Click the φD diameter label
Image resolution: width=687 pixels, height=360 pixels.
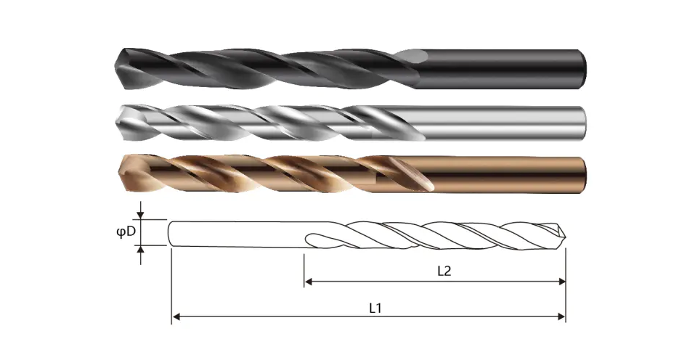(x=126, y=232)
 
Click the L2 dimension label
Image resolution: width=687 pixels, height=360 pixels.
(x=444, y=271)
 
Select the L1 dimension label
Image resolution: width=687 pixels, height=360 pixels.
(x=375, y=308)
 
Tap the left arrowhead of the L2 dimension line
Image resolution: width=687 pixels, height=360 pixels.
(x=308, y=282)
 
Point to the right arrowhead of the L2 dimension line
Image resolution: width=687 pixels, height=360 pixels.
(x=561, y=282)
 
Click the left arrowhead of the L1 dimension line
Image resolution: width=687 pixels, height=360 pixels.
(x=176, y=316)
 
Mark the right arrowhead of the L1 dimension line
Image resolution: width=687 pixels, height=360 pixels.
(x=561, y=316)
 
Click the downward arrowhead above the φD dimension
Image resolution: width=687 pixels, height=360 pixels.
(x=140, y=216)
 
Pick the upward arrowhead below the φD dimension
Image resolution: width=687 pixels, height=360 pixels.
(x=140, y=250)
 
